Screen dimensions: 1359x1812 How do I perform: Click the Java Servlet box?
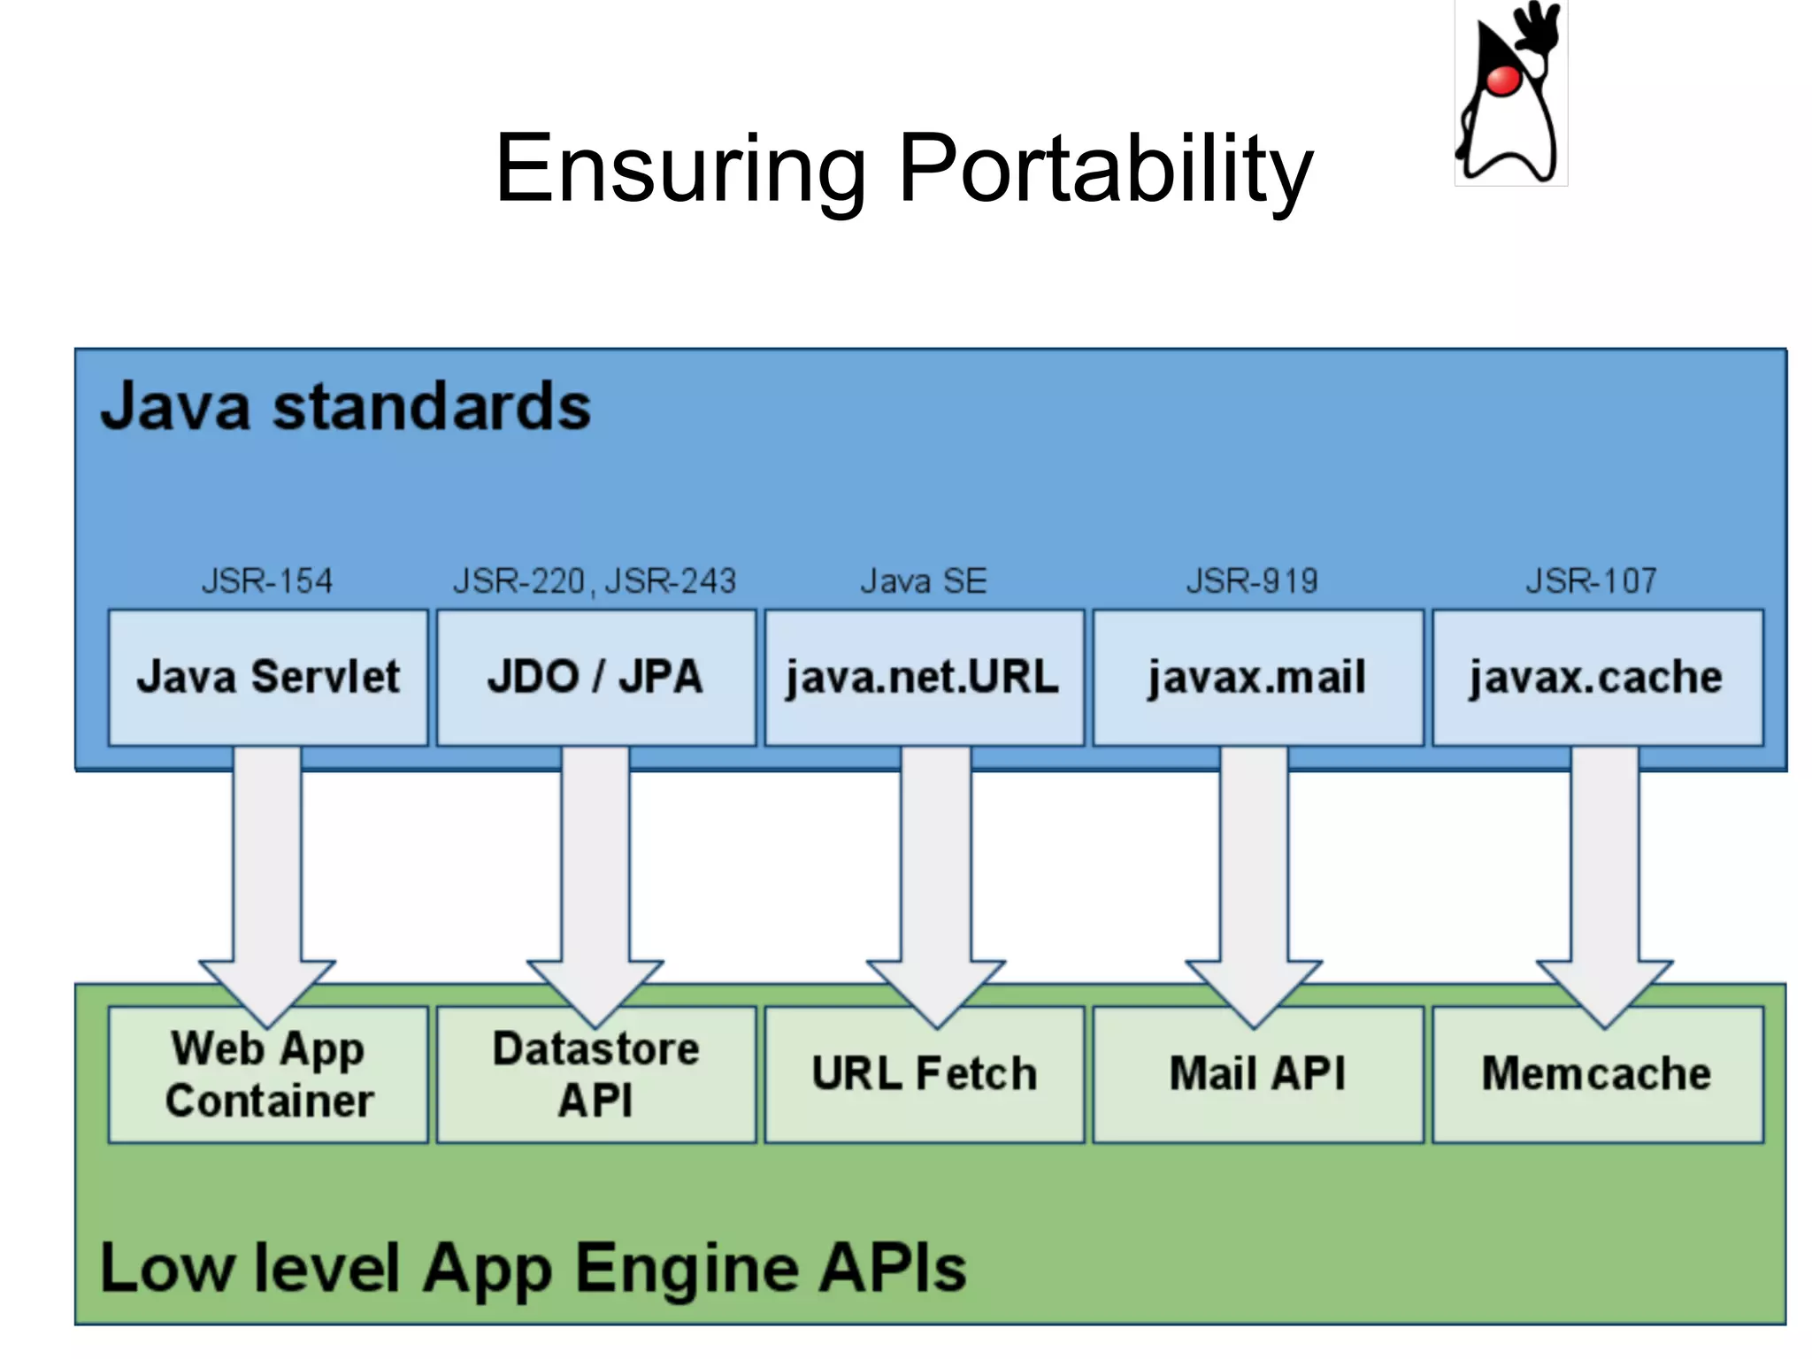point(268,677)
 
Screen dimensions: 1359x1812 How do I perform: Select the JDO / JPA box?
point(595,677)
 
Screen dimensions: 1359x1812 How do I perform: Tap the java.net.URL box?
point(924,677)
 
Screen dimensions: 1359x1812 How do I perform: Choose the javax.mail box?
point(1257,677)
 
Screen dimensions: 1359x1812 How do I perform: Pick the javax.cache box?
point(1597,677)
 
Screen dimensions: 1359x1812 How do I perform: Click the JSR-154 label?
point(267,581)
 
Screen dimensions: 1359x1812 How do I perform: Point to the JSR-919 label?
point(1252,581)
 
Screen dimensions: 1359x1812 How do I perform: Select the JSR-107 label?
point(1591,581)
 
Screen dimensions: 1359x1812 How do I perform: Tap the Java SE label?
point(924,581)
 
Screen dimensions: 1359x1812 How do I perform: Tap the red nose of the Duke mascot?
point(1502,81)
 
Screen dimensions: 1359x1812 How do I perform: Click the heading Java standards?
point(345,407)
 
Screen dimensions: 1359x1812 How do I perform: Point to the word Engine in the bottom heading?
point(687,1269)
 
